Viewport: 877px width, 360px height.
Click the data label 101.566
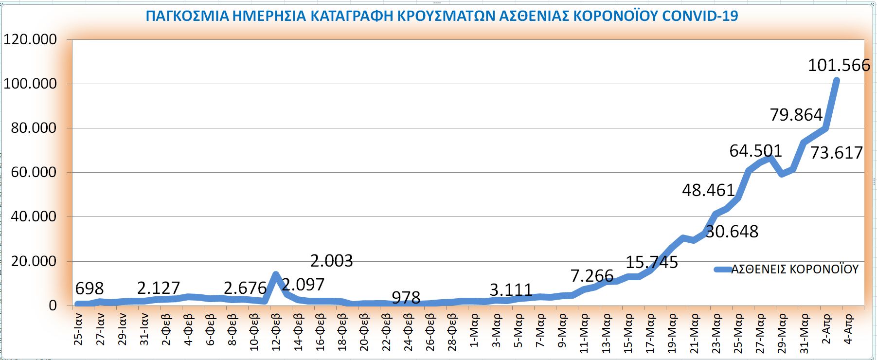(x=839, y=65)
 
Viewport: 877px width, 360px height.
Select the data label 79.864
(x=796, y=115)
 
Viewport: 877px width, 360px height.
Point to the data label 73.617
(x=836, y=153)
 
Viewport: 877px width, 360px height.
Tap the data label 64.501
(x=755, y=151)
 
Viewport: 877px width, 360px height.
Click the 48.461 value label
(x=708, y=190)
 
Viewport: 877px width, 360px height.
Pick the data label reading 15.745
(x=651, y=263)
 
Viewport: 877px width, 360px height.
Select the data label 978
(x=406, y=297)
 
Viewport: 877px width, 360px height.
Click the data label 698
(x=89, y=289)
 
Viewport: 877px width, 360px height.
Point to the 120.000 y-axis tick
(x=30, y=39)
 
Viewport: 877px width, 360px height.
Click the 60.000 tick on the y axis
(x=34, y=172)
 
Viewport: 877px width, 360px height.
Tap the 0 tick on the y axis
(x=53, y=306)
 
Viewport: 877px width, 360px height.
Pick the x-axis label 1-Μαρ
(x=475, y=331)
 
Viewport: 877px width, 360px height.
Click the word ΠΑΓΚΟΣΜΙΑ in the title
(x=187, y=16)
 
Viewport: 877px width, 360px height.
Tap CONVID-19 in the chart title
(x=700, y=16)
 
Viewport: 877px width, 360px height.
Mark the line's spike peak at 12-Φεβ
(x=276, y=275)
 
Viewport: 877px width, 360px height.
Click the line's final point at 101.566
(x=836, y=81)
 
